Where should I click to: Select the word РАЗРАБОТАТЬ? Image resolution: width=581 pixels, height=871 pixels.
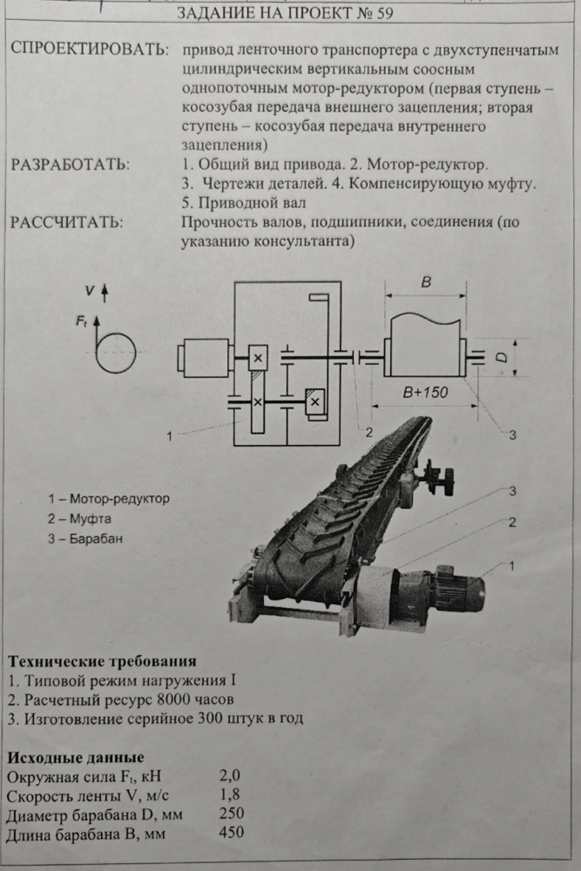tap(70, 165)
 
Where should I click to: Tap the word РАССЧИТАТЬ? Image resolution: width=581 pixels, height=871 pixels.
tap(67, 222)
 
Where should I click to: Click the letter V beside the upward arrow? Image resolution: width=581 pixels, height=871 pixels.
tap(90, 290)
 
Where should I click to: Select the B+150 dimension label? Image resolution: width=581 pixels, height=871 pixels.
tap(425, 393)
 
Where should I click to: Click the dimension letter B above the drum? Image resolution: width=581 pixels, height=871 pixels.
tap(426, 282)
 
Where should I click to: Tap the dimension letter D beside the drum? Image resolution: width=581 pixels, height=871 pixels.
tap(502, 358)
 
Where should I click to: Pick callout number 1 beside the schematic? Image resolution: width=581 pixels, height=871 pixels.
tap(170, 436)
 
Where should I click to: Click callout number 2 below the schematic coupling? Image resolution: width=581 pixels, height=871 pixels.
tap(368, 432)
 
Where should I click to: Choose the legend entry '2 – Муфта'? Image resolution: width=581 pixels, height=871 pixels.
tap(79, 519)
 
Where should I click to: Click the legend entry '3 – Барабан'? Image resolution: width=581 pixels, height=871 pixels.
tap(85, 539)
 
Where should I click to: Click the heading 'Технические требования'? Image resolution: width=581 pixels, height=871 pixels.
tap(102, 661)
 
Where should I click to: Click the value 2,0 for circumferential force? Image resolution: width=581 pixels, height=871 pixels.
tap(230, 775)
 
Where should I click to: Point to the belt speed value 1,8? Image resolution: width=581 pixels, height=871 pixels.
tap(230, 794)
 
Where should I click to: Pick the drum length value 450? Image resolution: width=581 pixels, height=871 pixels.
tap(232, 832)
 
